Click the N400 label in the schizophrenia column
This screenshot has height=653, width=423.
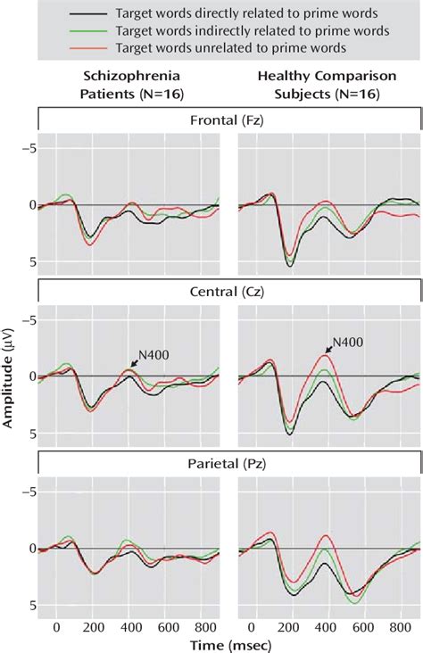[x=154, y=354]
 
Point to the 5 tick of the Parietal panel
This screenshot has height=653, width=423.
[x=30, y=606]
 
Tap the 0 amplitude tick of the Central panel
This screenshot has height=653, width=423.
[x=30, y=376]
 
